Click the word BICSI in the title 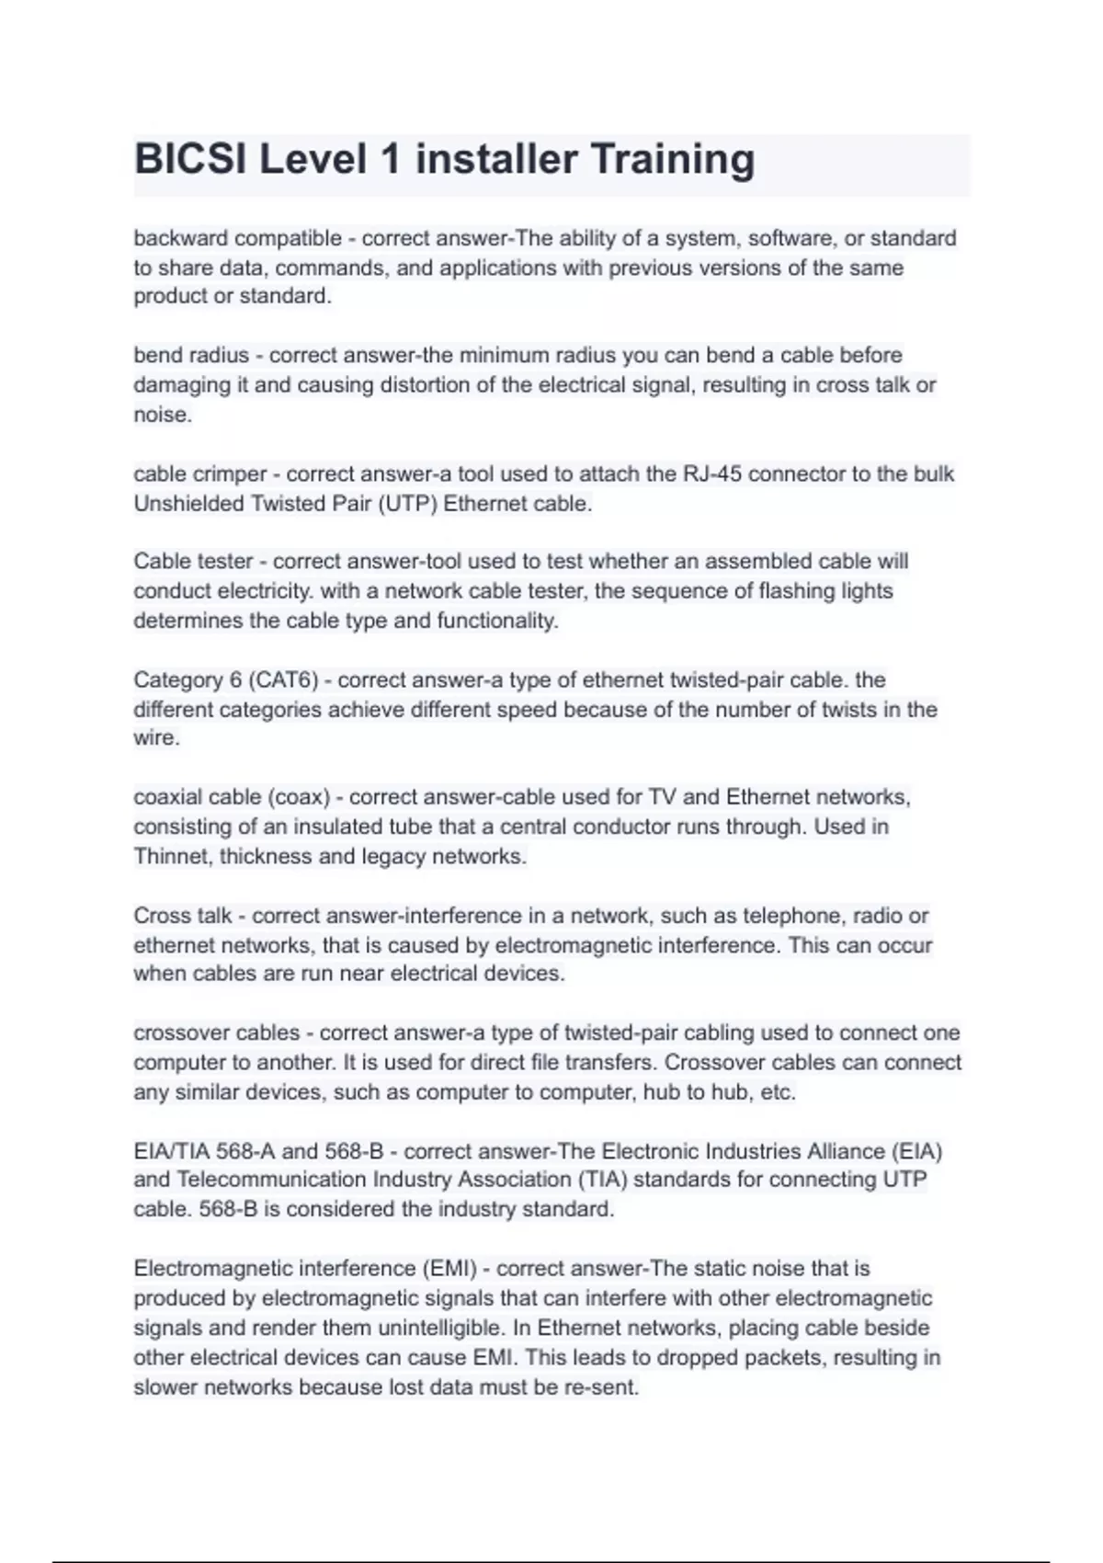pyautogui.click(x=190, y=160)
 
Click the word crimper pyautogui.click(x=230, y=474)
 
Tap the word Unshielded pyautogui.click(x=188, y=504)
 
